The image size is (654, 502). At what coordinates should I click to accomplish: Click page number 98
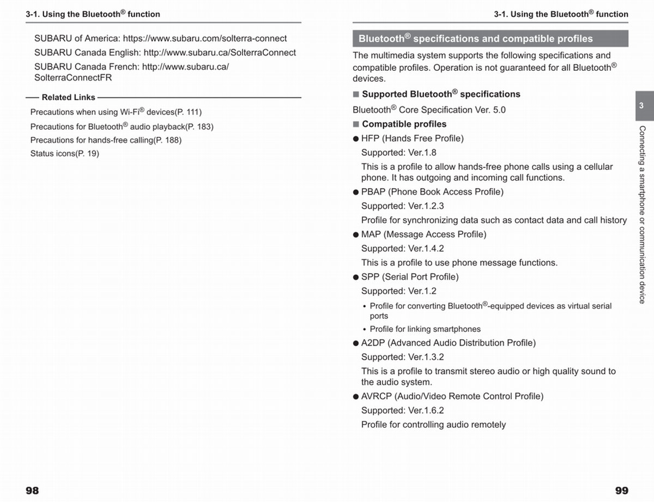coord(32,491)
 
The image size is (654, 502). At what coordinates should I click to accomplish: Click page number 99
coord(621,491)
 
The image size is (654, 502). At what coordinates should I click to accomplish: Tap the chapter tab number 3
coord(641,106)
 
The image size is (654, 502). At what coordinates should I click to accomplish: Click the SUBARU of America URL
coord(205,39)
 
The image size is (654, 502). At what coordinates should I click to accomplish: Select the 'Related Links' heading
coord(68,98)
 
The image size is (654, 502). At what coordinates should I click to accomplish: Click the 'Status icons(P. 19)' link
coord(65,154)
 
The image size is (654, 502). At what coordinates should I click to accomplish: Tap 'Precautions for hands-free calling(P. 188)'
coord(106,140)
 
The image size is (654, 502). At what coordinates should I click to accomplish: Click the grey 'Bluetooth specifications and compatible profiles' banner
coord(490,39)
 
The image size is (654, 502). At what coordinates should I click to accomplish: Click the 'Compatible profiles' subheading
coord(404,124)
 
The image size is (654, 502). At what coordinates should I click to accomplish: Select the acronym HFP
coord(371,138)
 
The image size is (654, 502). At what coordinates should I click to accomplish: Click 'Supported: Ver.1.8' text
coord(399,153)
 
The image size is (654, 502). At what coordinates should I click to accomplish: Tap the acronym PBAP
coord(373,192)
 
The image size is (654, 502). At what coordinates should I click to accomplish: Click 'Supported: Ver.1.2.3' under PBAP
coord(403,206)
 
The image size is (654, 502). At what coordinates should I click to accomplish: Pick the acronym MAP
coord(371,234)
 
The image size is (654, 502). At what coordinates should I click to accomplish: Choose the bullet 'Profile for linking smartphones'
coord(425,329)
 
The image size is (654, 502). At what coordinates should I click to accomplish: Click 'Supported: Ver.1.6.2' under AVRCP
coord(403,410)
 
